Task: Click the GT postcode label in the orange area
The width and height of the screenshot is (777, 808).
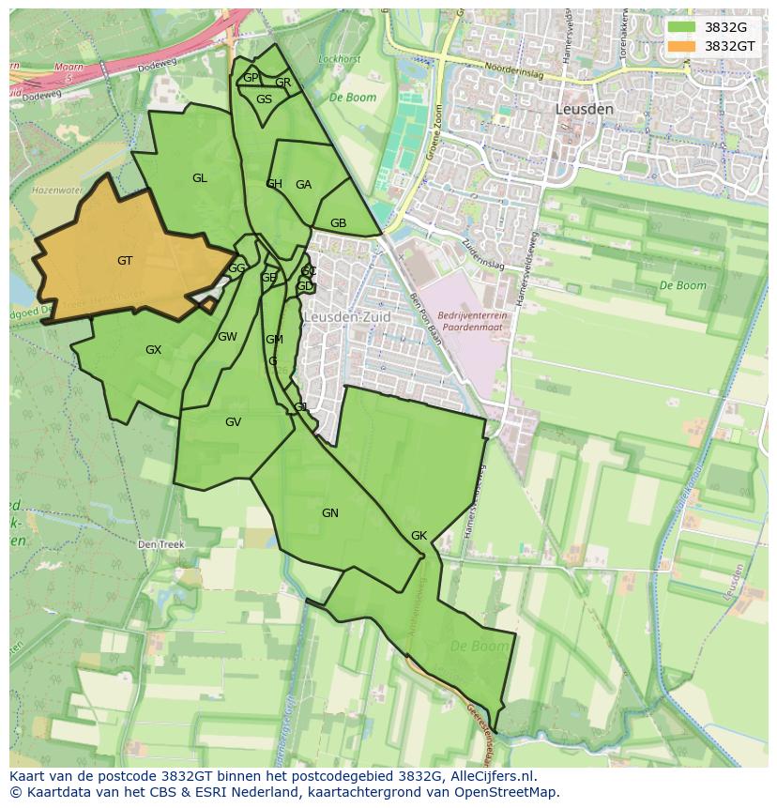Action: click(125, 261)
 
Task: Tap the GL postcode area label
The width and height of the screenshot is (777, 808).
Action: click(200, 178)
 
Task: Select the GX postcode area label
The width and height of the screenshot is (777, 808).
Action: click(153, 350)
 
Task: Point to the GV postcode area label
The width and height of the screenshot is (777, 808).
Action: click(233, 422)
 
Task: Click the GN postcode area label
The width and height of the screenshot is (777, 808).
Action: click(330, 513)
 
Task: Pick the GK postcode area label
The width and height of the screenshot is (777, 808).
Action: click(419, 536)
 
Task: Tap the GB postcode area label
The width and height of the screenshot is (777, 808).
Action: click(339, 223)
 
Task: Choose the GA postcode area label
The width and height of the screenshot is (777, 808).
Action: click(303, 185)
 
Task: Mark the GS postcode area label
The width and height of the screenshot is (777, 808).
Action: click(265, 99)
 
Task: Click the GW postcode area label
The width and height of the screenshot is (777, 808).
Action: click(227, 337)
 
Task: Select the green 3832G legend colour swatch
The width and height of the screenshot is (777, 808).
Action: click(682, 27)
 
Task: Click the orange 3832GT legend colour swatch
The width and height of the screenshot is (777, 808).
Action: click(682, 46)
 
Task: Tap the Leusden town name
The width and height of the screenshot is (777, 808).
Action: click(585, 109)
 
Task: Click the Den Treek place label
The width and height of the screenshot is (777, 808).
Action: click(161, 544)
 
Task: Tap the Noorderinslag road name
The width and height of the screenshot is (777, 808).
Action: click(516, 69)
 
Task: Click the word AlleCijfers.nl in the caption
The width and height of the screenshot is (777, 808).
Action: click(489, 776)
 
